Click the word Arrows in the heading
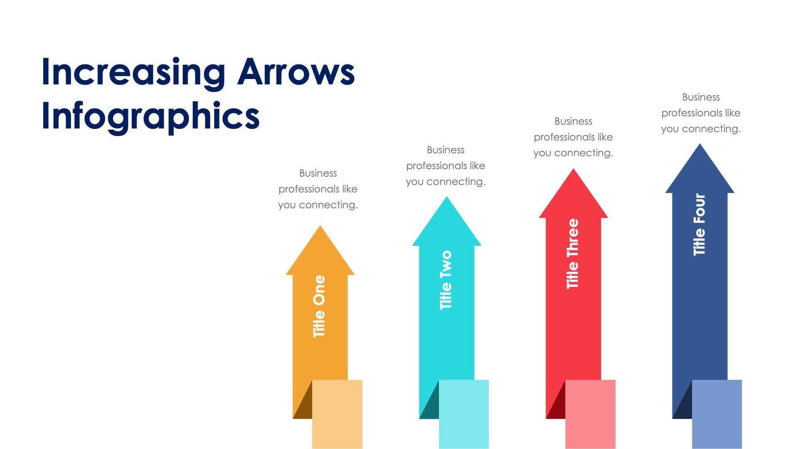296,72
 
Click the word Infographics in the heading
150,116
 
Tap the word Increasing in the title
133,72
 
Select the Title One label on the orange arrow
319,306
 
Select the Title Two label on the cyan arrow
446,280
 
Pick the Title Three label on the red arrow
573,254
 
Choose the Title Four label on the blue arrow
699,224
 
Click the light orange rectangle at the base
337,414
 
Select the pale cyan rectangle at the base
464,414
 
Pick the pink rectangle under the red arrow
590,414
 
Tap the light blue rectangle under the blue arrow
717,414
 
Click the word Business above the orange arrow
318,173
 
